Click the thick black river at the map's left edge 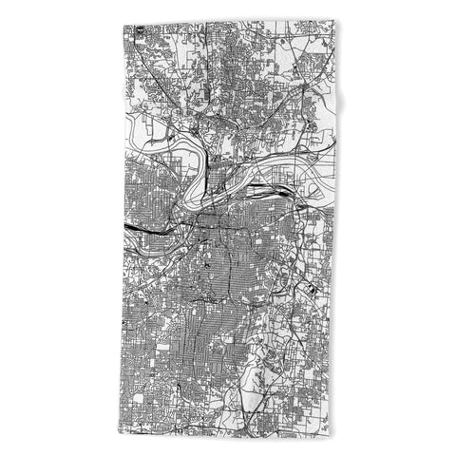[x=138, y=228]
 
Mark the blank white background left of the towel [x=57, y=228]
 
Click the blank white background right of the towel [x=399, y=228]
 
